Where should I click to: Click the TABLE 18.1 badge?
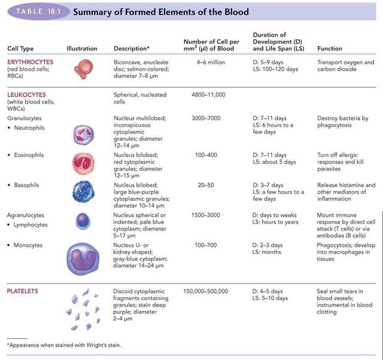(x=35, y=11)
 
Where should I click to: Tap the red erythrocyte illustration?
(x=84, y=69)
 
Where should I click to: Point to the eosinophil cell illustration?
(x=83, y=164)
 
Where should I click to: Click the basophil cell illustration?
(x=83, y=193)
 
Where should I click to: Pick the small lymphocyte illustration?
(x=83, y=222)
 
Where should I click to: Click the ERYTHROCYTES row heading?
(x=30, y=62)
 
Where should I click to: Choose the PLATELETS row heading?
(x=23, y=291)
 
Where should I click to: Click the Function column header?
(x=330, y=48)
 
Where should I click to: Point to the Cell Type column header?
(x=21, y=48)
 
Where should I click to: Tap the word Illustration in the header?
(x=82, y=48)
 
